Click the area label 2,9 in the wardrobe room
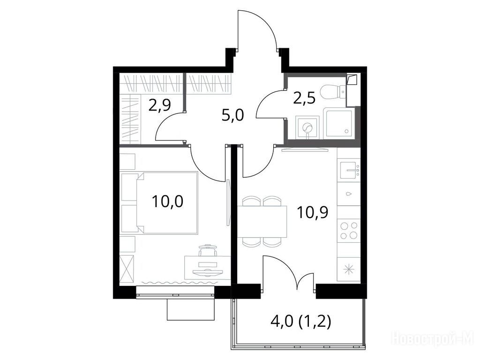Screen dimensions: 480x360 (x=159, y=105)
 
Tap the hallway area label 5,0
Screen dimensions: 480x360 (x=232, y=116)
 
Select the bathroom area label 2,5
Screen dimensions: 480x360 (x=304, y=99)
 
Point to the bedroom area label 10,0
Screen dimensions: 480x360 (x=167, y=202)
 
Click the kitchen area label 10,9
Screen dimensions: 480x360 (x=313, y=212)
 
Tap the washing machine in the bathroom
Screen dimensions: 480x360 (x=307, y=127)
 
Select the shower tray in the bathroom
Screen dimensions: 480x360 (x=338, y=123)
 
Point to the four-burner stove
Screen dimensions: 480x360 (x=349, y=230)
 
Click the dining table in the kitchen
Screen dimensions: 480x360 (x=262, y=222)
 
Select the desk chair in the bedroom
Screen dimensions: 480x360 (x=208, y=250)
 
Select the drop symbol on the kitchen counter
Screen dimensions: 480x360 (x=349, y=194)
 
